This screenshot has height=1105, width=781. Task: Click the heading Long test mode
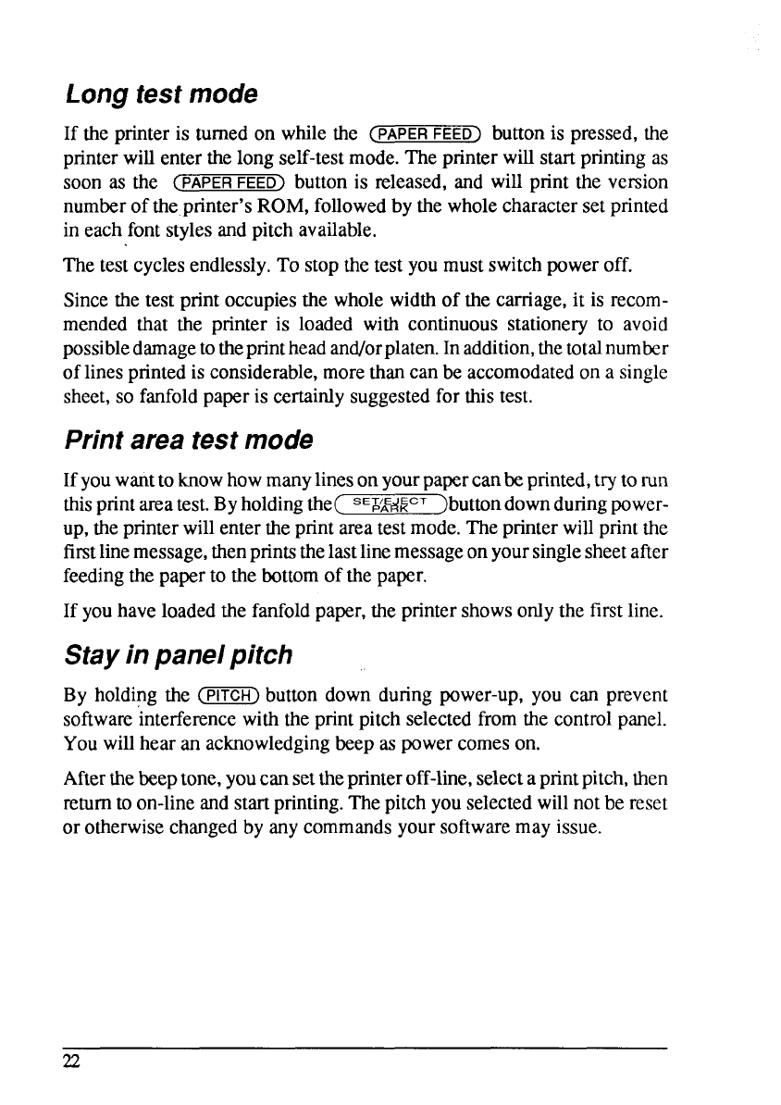pyautogui.click(x=160, y=94)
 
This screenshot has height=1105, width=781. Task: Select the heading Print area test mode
pyautogui.click(x=188, y=440)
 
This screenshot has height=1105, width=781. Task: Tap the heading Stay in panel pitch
pyautogui.click(x=178, y=655)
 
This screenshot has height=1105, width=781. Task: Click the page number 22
pyautogui.click(x=72, y=1062)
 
